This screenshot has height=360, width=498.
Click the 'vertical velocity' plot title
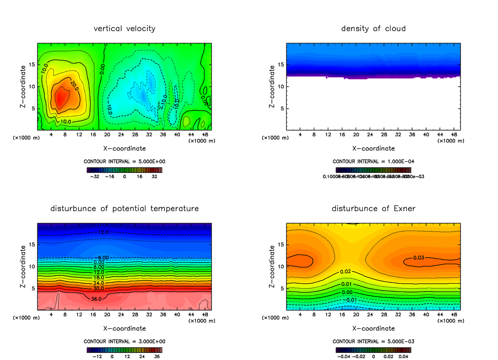point(124,29)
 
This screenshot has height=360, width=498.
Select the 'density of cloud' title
point(373,29)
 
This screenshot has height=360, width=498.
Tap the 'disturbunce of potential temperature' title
point(124,208)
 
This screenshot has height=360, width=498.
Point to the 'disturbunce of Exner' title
point(373,208)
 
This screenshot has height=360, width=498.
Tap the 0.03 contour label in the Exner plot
point(418,258)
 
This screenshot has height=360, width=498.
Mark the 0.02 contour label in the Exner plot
point(346,272)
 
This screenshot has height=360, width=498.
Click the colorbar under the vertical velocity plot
point(124,170)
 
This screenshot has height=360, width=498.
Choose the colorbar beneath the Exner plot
point(373,350)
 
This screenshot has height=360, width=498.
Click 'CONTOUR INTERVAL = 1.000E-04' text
point(373,161)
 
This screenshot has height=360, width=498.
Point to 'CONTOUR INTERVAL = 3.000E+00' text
point(124,341)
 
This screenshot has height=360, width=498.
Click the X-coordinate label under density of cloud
point(373,148)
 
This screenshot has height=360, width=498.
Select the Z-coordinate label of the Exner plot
point(272,266)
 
